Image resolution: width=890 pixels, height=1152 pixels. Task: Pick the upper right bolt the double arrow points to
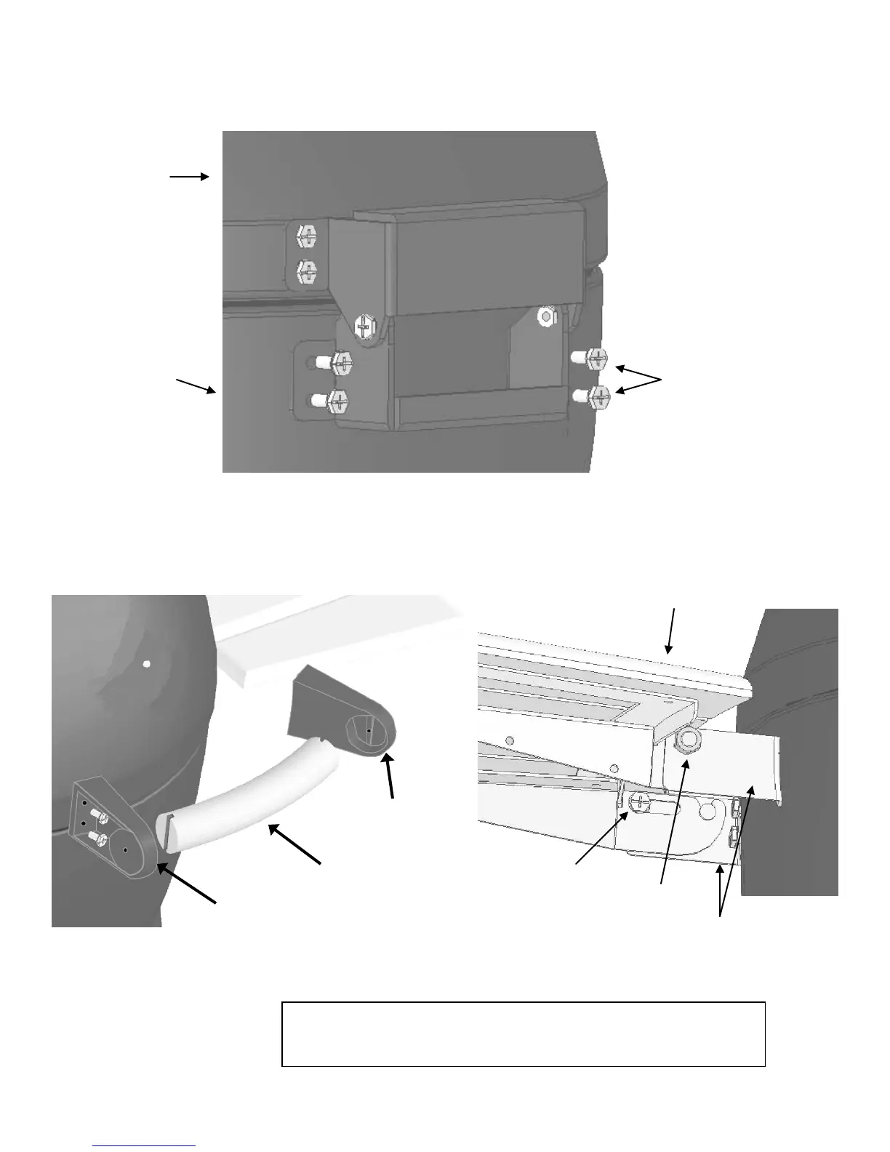click(596, 358)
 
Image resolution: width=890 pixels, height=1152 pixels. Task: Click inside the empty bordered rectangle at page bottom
click(523, 1033)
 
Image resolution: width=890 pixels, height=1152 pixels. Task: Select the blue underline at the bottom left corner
click(145, 1146)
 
